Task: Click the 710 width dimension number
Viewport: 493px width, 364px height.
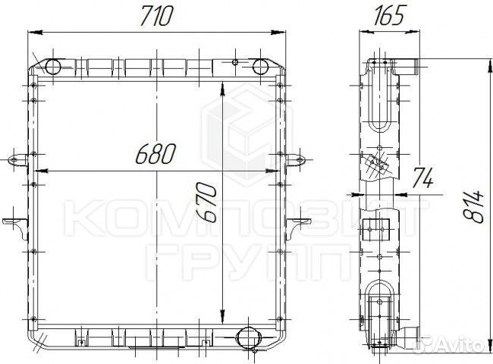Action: pyautogui.click(x=156, y=16)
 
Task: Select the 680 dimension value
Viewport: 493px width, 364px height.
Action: pyautogui.click(x=155, y=154)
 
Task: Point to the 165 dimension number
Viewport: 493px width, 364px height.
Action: pyautogui.click(x=388, y=15)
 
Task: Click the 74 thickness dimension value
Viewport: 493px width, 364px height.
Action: pyautogui.click(x=422, y=177)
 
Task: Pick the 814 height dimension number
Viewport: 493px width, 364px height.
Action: pyautogui.click(x=473, y=206)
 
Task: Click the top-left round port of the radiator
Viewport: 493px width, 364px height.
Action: pyautogui.click(x=53, y=67)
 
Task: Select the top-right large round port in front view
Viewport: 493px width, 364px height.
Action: pyautogui.click(x=260, y=67)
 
